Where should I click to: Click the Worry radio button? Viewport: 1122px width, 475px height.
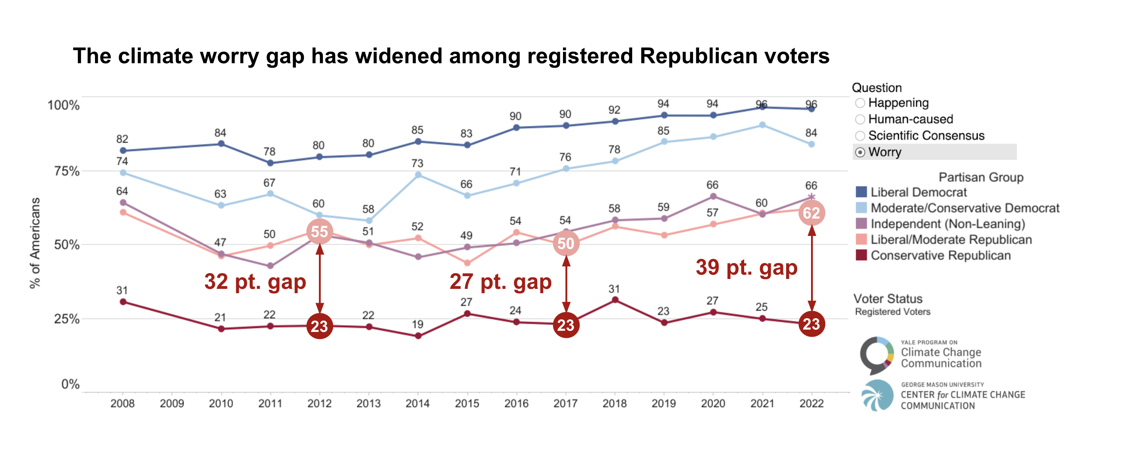pyautogui.click(x=860, y=152)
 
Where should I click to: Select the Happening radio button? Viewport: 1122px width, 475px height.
pyautogui.click(x=860, y=103)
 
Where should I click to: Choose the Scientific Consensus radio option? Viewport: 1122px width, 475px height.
pyautogui.click(x=860, y=136)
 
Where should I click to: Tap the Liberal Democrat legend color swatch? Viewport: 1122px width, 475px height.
pyautogui.click(x=861, y=192)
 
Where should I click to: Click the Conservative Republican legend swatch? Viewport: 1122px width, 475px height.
pyautogui.click(x=861, y=255)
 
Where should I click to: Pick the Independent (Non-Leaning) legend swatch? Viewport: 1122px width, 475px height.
pyautogui.click(x=861, y=224)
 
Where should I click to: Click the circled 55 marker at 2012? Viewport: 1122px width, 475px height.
pyautogui.click(x=320, y=232)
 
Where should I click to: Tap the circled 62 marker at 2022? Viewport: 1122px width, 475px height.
pyautogui.click(x=811, y=213)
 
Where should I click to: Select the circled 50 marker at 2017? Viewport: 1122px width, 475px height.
pyautogui.click(x=566, y=243)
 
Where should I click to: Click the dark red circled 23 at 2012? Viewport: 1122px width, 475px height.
pyautogui.click(x=320, y=326)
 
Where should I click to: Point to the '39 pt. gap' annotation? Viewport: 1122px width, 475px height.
pyautogui.click(x=747, y=267)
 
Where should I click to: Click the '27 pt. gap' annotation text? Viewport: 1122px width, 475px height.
pyautogui.click(x=500, y=281)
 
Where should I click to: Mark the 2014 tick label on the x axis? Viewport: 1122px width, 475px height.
pyautogui.click(x=418, y=403)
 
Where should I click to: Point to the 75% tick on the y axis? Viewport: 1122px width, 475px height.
pyautogui.click(x=66, y=171)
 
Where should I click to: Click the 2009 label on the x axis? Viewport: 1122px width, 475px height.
pyautogui.click(x=172, y=403)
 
